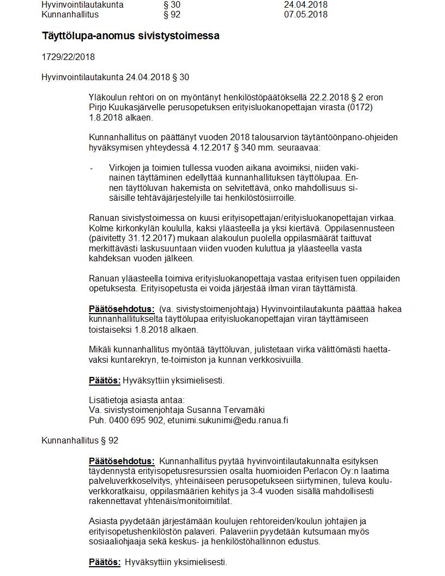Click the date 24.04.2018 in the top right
pos(305,4)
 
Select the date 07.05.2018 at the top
pos(305,14)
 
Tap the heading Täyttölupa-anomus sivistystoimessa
pos(131,36)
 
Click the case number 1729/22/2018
pos(68,57)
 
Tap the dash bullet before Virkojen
pos(92,167)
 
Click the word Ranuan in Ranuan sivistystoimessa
pos(103,218)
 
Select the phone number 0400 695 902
pos(136,420)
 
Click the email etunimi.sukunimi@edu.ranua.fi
pos(228,420)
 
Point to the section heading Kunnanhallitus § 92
pos(80,440)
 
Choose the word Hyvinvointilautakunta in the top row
pos(82,4)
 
